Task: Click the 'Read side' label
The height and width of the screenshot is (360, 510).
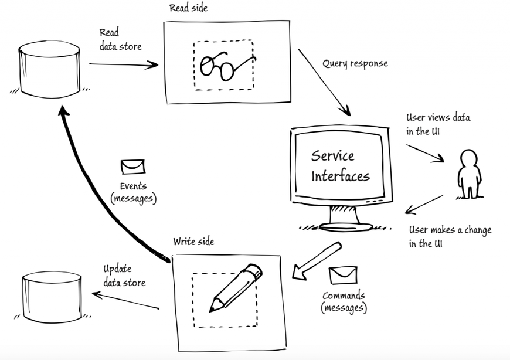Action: click(188, 8)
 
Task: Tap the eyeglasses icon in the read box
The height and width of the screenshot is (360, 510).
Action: click(225, 64)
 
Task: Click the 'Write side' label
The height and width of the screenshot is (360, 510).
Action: click(193, 242)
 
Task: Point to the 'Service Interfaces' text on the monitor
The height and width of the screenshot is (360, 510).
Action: click(339, 165)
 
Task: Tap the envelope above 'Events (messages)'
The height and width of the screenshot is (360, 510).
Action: click(132, 167)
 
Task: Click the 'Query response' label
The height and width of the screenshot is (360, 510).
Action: click(355, 63)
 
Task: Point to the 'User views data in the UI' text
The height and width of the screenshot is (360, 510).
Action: click(438, 124)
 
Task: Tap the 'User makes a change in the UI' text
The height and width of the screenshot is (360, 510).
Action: click(450, 236)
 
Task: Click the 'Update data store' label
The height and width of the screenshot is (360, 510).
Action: click(124, 276)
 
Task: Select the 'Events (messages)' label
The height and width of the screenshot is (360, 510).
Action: click(132, 192)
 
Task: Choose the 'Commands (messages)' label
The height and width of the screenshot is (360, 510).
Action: click(344, 301)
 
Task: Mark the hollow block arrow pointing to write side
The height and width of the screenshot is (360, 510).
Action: click(317, 258)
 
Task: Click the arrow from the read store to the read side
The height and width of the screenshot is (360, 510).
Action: click(123, 64)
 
